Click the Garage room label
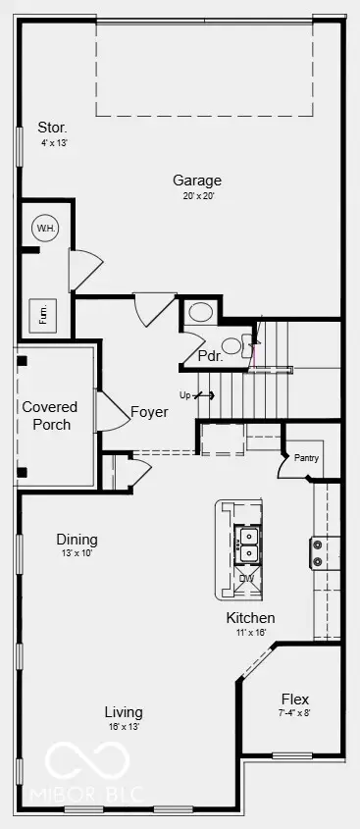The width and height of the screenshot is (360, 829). point(197,181)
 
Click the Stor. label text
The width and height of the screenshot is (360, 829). point(53,128)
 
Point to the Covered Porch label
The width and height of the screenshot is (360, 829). point(49,416)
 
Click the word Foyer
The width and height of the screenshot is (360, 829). point(149,412)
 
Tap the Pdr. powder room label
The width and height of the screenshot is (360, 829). point(209,356)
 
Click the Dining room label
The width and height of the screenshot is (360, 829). point(77,540)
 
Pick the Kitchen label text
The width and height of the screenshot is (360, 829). point(250,618)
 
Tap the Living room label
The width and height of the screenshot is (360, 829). point(125,712)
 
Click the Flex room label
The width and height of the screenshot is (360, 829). point(295,699)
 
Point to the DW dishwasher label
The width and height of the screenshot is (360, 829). point(245,578)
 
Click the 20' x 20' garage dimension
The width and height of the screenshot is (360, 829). point(197,196)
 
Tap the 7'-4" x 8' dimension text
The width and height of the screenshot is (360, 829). point(294,713)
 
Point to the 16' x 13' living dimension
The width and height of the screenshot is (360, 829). point(125,727)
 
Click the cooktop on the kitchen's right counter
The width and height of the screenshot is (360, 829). point(319,552)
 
